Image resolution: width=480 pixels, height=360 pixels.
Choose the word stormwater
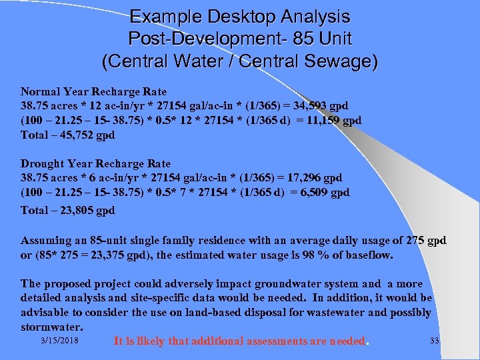[x=51, y=327]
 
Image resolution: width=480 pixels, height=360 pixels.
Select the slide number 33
[x=435, y=341]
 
